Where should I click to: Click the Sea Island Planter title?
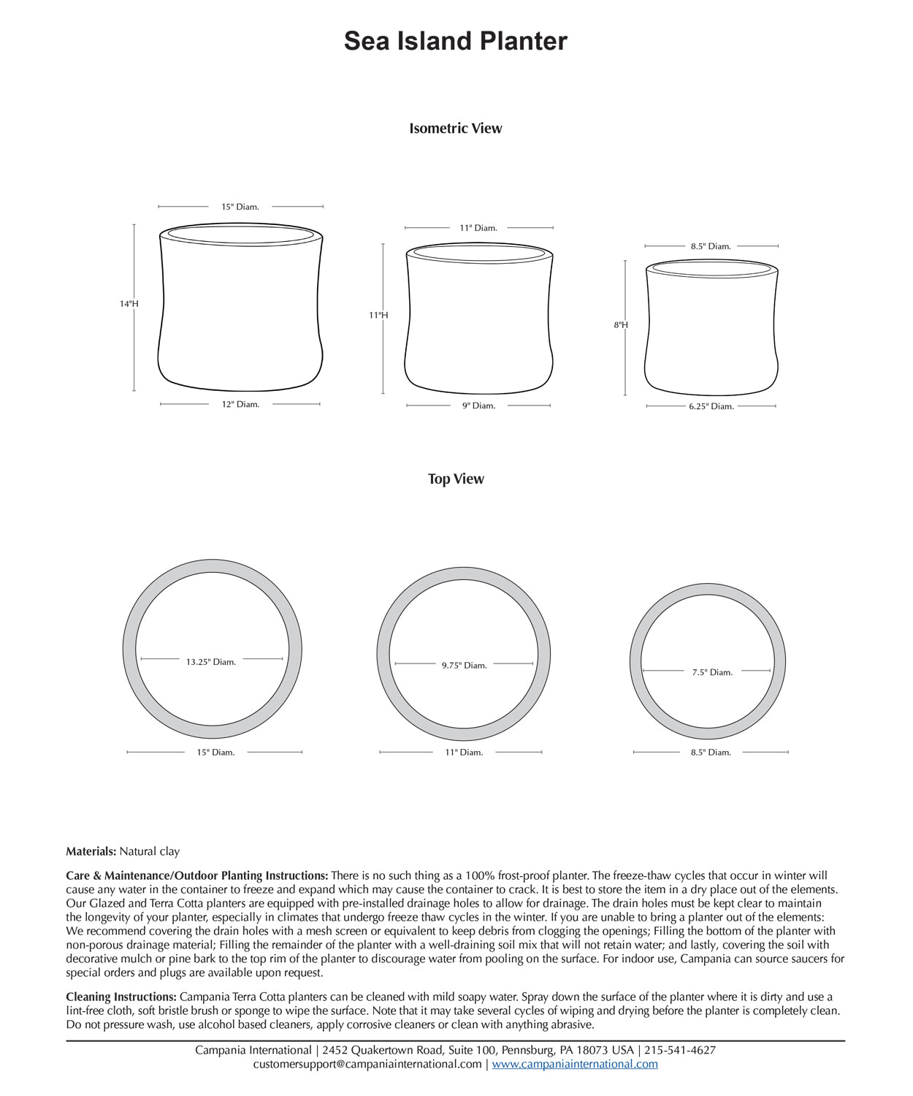455,41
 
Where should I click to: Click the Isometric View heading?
455,129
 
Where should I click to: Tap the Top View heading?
456,479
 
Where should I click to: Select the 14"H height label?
129,304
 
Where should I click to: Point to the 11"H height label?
378,316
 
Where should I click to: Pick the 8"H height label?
621,325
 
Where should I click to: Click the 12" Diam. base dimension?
240,405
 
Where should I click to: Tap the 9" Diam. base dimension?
478,406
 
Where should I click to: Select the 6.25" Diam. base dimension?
711,407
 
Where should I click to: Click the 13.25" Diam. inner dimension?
210,663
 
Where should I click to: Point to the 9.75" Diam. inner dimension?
464,666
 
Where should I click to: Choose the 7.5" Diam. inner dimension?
712,673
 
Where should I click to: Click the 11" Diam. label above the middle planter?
478,229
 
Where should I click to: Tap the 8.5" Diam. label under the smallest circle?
711,753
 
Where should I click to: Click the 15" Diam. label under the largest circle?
215,753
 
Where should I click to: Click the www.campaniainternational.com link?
575,1065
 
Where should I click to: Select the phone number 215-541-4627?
680,1051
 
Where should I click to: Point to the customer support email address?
367,1065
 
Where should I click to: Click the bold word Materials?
91,852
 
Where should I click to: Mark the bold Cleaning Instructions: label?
121,997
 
